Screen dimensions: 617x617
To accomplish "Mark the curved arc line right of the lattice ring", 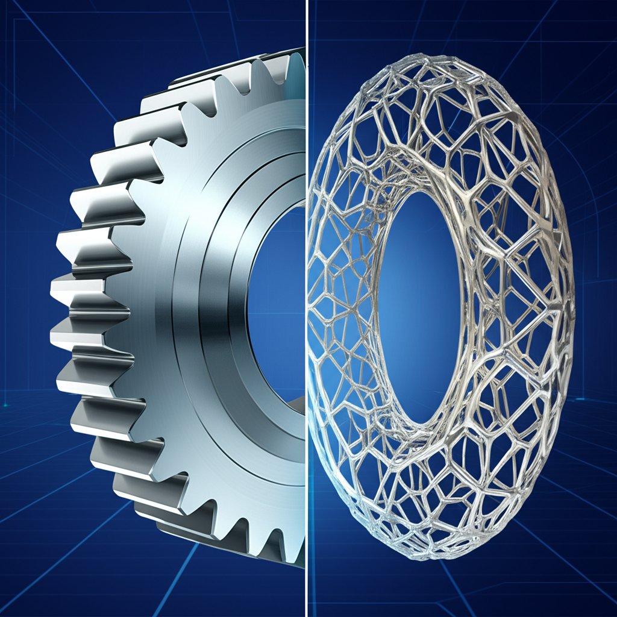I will (587, 181).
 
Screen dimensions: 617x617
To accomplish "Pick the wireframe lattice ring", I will (512, 241).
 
